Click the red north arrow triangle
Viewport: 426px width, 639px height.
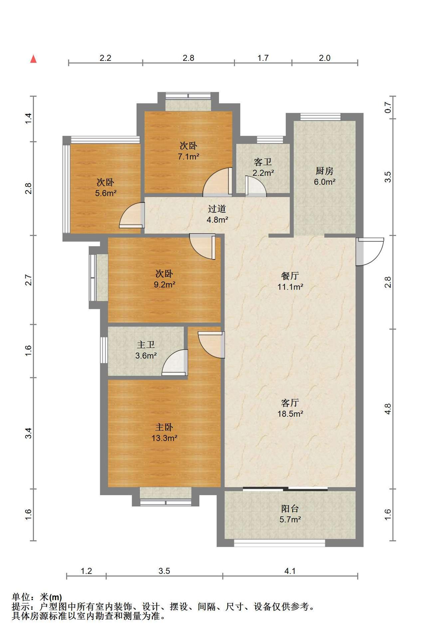pos(33,59)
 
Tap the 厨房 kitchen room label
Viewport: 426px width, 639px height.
pos(324,176)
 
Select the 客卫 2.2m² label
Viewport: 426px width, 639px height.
pos(263,167)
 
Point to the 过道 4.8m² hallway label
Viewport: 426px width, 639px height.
pos(217,214)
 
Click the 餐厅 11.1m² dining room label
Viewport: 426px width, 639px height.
pos(290,281)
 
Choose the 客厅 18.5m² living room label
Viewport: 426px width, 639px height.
pos(290,408)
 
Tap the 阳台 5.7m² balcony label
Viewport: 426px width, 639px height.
pos(290,514)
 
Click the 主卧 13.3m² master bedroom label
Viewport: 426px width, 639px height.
pos(164,432)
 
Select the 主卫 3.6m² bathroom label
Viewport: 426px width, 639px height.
pos(146,350)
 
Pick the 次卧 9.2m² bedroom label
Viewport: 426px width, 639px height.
pos(164,279)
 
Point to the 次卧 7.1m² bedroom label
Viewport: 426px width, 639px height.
pos(188,151)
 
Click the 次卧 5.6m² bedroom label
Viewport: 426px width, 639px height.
pos(106,187)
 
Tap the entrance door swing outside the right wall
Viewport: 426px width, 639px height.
pos(369,252)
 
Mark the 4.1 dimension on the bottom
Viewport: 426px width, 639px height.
pos(290,571)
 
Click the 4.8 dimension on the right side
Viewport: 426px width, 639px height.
pos(388,409)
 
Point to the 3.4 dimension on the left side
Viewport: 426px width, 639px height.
pos(28,433)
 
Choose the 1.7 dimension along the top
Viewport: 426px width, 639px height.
pos(263,58)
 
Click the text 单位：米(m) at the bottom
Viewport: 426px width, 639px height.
pos(37,597)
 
